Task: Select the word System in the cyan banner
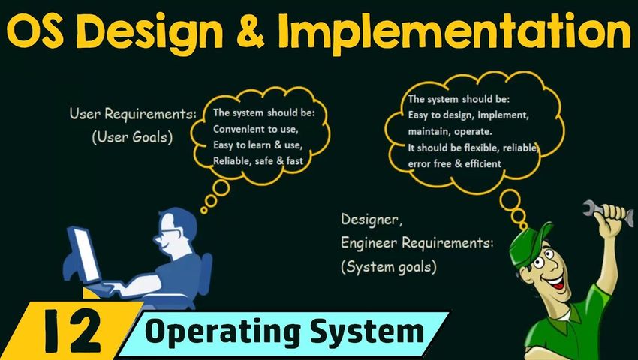point(376,332)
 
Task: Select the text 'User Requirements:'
point(133,114)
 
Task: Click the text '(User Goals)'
point(132,137)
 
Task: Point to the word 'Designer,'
point(372,220)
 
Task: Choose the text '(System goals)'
point(389,267)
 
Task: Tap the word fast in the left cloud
point(293,161)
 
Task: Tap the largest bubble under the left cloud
point(221,188)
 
